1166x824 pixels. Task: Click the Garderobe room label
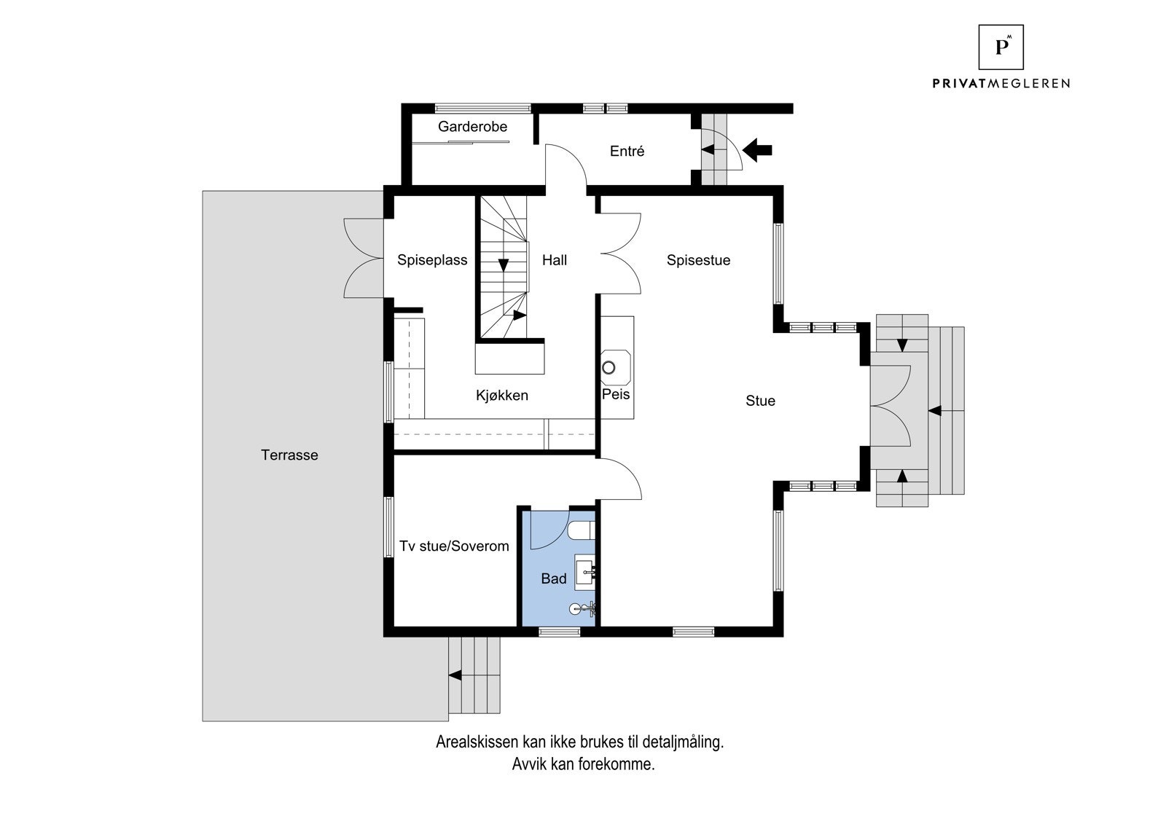pos(472,127)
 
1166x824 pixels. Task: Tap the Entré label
pos(627,151)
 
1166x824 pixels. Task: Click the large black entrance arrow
pos(757,150)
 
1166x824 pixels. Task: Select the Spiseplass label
pos(432,260)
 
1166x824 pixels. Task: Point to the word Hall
pos(555,260)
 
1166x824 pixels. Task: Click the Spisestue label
pos(698,260)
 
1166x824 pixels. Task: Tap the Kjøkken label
pos(502,395)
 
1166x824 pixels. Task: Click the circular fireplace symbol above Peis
pos(609,367)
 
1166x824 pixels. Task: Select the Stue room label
pos(760,400)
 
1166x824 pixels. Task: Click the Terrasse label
pos(289,455)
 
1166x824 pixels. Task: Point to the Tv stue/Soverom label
pos(454,546)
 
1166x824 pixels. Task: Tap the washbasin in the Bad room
pos(584,573)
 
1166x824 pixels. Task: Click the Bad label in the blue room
pos(553,578)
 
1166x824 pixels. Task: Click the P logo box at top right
pos(1001,47)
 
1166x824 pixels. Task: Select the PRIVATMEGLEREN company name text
pos(1001,83)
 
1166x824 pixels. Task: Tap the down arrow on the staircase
pos(504,265)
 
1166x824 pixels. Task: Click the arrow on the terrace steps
pos(455,675)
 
